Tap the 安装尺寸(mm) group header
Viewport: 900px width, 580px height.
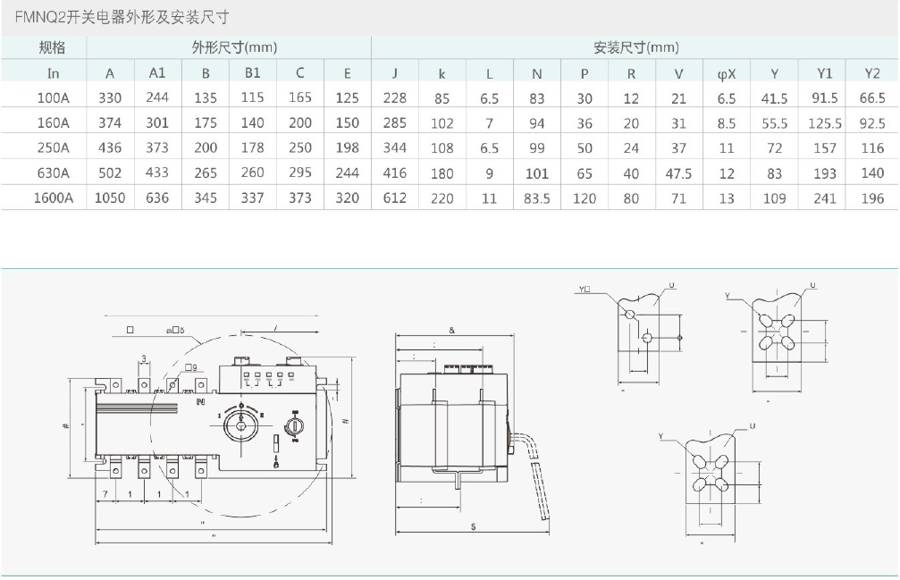635,47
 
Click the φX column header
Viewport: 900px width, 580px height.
727,73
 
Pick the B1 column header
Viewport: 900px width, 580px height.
253,73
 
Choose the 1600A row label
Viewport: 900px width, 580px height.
54,198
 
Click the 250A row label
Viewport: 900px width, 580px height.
54,147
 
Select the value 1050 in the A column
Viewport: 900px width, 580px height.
111,198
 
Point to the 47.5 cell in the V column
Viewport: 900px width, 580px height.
678,172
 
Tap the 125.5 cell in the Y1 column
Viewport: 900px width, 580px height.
825,122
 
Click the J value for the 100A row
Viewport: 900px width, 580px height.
394,98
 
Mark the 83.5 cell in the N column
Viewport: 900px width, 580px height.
536,198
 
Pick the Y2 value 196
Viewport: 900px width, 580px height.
871,198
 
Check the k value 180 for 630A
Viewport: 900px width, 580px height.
442,172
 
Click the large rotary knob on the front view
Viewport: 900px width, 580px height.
240,424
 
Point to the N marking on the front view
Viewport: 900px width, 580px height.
201,401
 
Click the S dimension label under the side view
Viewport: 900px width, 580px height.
473,526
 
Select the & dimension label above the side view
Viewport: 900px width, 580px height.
452,330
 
